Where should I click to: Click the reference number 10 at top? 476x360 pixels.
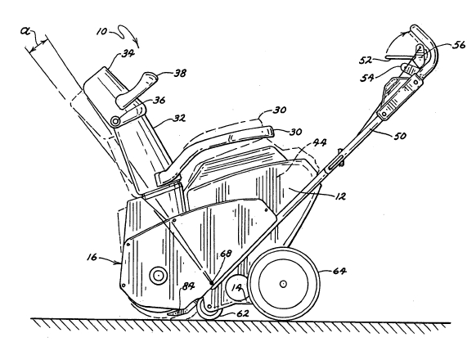pos(102,31)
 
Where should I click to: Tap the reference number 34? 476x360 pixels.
pos(128,54)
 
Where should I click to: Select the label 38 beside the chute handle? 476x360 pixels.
pos(180,73)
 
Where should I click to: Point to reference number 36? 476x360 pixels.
pos(159,100)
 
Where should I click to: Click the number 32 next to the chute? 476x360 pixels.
pos(179,118)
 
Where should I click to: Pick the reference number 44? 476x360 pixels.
pos(320,142)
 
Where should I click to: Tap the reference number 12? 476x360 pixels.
pos(340,196)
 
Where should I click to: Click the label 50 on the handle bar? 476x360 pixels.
pos(400,135)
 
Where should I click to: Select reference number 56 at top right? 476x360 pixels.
pos(459,45)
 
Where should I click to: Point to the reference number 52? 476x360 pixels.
pos(366,61)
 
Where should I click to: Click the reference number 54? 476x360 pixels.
pos(367,78)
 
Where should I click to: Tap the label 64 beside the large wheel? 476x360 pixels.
pos(339,270)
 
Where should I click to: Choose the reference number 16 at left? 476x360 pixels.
pos(92,257)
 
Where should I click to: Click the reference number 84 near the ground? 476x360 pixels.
pos(188,286)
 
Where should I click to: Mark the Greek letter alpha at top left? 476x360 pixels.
pos(25,30)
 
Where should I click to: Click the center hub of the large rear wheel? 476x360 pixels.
pos(283,284)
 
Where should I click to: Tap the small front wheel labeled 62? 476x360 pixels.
pos(209,308)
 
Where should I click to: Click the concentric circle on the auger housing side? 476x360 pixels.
pos(159,276)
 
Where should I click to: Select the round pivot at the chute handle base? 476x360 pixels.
pos(115,121)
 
